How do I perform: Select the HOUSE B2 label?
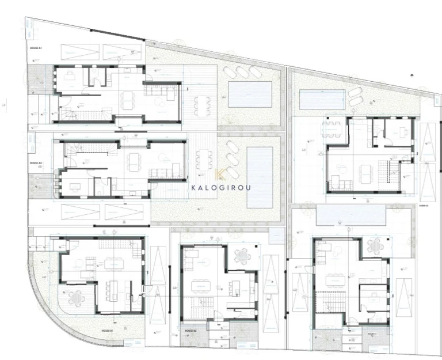[x=190, y=331]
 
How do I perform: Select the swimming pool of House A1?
[x=250, y=94]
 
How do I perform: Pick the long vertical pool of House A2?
[x=260, y=176]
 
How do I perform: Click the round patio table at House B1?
[x=76, y=298]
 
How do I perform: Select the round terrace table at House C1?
[x=375, y=246]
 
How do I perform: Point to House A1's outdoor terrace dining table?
[x=201, y=105]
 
